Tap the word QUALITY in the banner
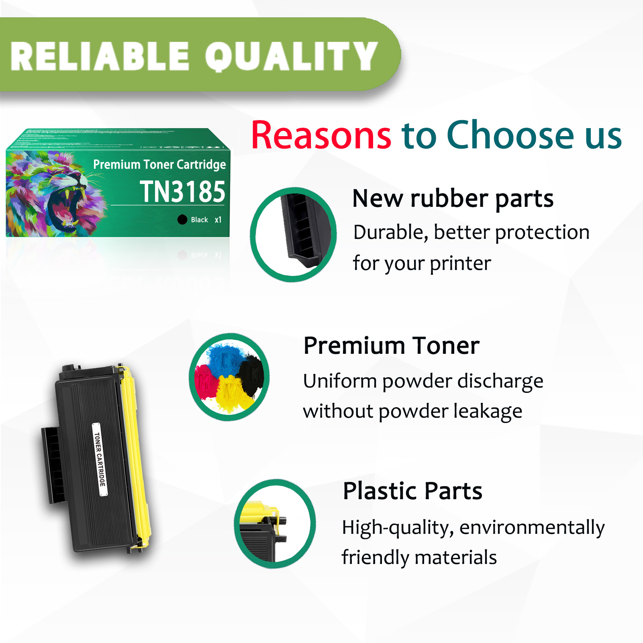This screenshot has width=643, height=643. pyautogui.click(x=291, y=57)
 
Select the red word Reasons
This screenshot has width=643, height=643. pyautogui.click(x=321, y=135)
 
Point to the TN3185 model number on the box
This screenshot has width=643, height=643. pyautogui.click(x=183, y=192)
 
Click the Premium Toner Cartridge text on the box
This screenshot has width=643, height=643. pyautogui.click(x=159, y=164)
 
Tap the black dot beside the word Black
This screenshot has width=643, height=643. pyautogui.click(x=182, y=219)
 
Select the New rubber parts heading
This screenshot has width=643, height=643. pyautogui.click(x=453, y=198)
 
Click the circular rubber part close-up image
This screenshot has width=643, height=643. pyautogui.click(x=293, y=235)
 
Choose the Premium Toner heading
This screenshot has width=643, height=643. pyautogui.click(x=391, y=345)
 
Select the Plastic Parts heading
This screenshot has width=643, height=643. pyautogui.click(x=412, y=491)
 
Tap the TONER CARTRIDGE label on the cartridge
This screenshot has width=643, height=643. pyautogui.click(x=100, y=459)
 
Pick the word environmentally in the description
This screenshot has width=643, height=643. pyautogui.click(x=532, y=527)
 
